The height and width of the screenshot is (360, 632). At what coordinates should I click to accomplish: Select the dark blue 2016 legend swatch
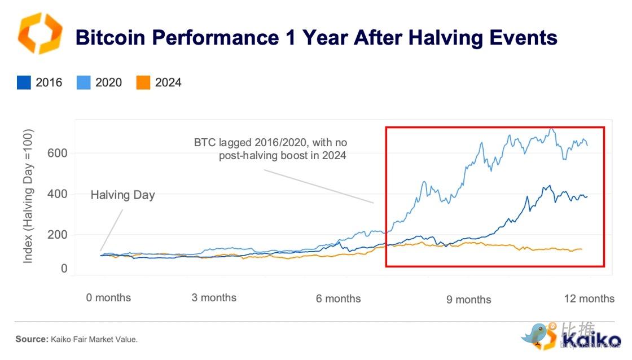click(x=24, y=83)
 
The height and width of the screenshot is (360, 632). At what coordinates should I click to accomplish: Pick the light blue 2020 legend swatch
click(x=84, y=83)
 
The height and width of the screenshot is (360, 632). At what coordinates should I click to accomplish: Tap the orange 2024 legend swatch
click(x=143, y=83)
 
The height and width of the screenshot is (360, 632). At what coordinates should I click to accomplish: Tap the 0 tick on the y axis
click(x=64, y=269)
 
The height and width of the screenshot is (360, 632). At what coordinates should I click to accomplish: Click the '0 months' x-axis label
click(x=108, y=297)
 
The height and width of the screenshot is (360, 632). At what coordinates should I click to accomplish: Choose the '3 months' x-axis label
click(x=214, y=297)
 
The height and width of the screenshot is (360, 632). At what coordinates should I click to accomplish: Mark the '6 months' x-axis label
click(x=338, y=298)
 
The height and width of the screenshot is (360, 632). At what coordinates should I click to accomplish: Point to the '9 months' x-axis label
click(x=468, y=300)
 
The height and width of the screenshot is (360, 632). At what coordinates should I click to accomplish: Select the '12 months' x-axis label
click(x=589, y=298)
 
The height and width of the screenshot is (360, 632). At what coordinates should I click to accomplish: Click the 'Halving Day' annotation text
click(x=122, y=195)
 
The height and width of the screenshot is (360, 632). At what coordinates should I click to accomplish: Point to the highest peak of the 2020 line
click(x=551, y=129)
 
